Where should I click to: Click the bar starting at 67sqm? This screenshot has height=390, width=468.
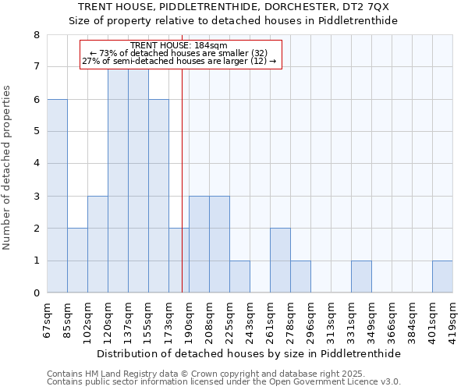pyautogui.click(x=57, y=196)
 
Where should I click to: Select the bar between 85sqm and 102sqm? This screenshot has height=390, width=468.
pyautogui.click(x=77, y=261)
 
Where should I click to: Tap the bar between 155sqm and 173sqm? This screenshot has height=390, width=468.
pyautogui.click(x=158, y=196)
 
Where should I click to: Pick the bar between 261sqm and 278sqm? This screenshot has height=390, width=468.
pyautogui.click(x=280, y=261)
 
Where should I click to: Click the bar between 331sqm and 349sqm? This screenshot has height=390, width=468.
pyautogui.click(x=361, y=277)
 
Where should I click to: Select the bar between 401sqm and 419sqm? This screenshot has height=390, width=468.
pyautogui.click(x=442, y=277)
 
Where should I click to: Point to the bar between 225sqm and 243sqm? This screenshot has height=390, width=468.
pyautogui.click(x=239, y=277)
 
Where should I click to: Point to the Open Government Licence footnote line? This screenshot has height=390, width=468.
pyautogui.click(x=224, y=382)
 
